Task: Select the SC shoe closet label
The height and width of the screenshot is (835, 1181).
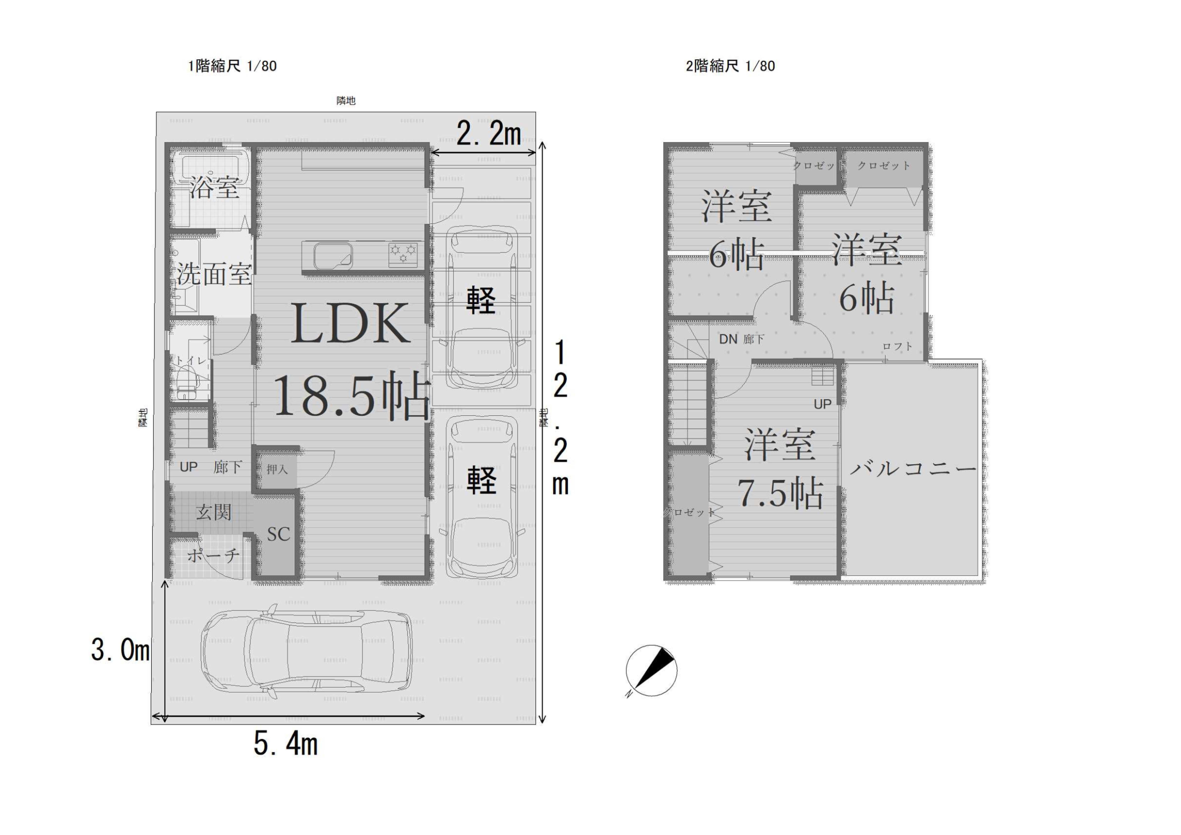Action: [278, 534]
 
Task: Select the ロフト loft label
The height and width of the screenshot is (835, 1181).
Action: [898, 346]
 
